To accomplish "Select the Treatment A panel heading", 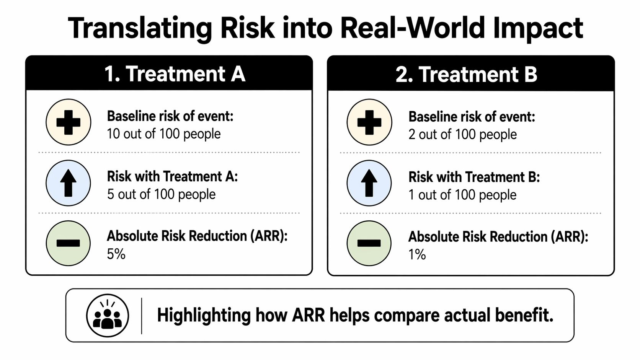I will click(x=175, y=73).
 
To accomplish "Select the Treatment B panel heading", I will click(x=466, y=74).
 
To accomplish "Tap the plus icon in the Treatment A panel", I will click(x=69, y=122).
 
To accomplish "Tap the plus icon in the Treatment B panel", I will click(x=369, y=122).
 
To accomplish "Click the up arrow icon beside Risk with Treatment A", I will click(x=69, y=183).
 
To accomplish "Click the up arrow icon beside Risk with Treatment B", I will click(x=369, y=183).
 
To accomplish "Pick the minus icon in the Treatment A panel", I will click(x=69, y=243).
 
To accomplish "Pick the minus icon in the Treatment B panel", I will click(x=369, y=243).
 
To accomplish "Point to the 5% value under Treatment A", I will click(x=116, y=254).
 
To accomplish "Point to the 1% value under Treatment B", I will click(x=417, y=255).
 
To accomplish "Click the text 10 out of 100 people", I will click(x=164, y=134).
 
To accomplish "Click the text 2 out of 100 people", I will click(x=462, y=135).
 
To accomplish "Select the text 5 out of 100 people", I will click(x=161, y=194).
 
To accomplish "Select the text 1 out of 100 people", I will click(x=462, y=195).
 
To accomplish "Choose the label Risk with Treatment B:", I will click(x=474, y=177).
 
